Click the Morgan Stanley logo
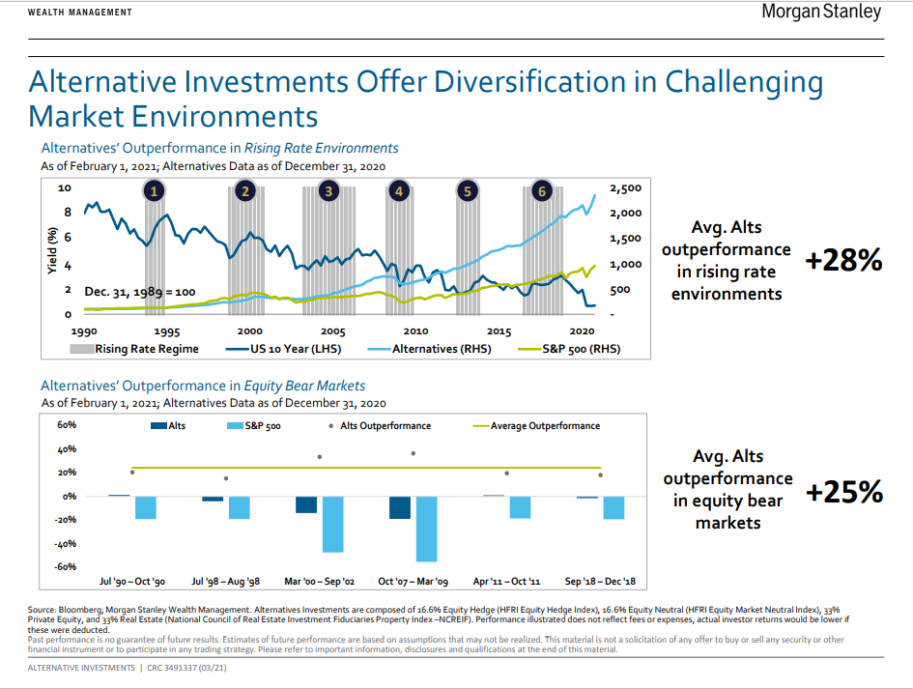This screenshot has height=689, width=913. point(821,13)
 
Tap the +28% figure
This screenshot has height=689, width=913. point(844,260)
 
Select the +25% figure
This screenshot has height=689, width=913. point(844,492)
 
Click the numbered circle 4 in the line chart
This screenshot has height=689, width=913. point(398,191)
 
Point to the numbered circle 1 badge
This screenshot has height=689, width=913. point(154,191)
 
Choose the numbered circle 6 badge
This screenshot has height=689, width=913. point(542,191)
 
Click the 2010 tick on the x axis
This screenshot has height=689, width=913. point(415,331)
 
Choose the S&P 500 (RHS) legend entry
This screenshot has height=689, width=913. point(570,349)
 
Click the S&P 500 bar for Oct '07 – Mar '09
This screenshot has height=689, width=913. point(426,529)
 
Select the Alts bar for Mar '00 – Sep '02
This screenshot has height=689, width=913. point(306,504)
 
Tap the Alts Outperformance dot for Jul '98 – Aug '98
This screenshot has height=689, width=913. point(226,478)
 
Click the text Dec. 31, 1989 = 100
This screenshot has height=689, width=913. point(140,291)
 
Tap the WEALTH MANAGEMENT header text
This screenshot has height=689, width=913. point(80,13)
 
